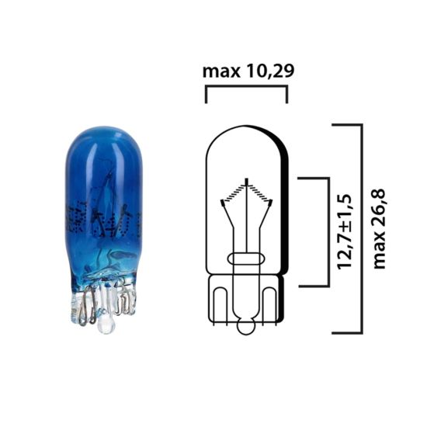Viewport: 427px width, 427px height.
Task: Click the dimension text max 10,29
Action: click(248, 71)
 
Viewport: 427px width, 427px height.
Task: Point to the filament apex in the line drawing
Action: click(247, 180)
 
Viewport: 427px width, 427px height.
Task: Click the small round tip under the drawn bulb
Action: click(247, 328)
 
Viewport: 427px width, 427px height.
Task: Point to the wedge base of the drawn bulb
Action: click(247, 303)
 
